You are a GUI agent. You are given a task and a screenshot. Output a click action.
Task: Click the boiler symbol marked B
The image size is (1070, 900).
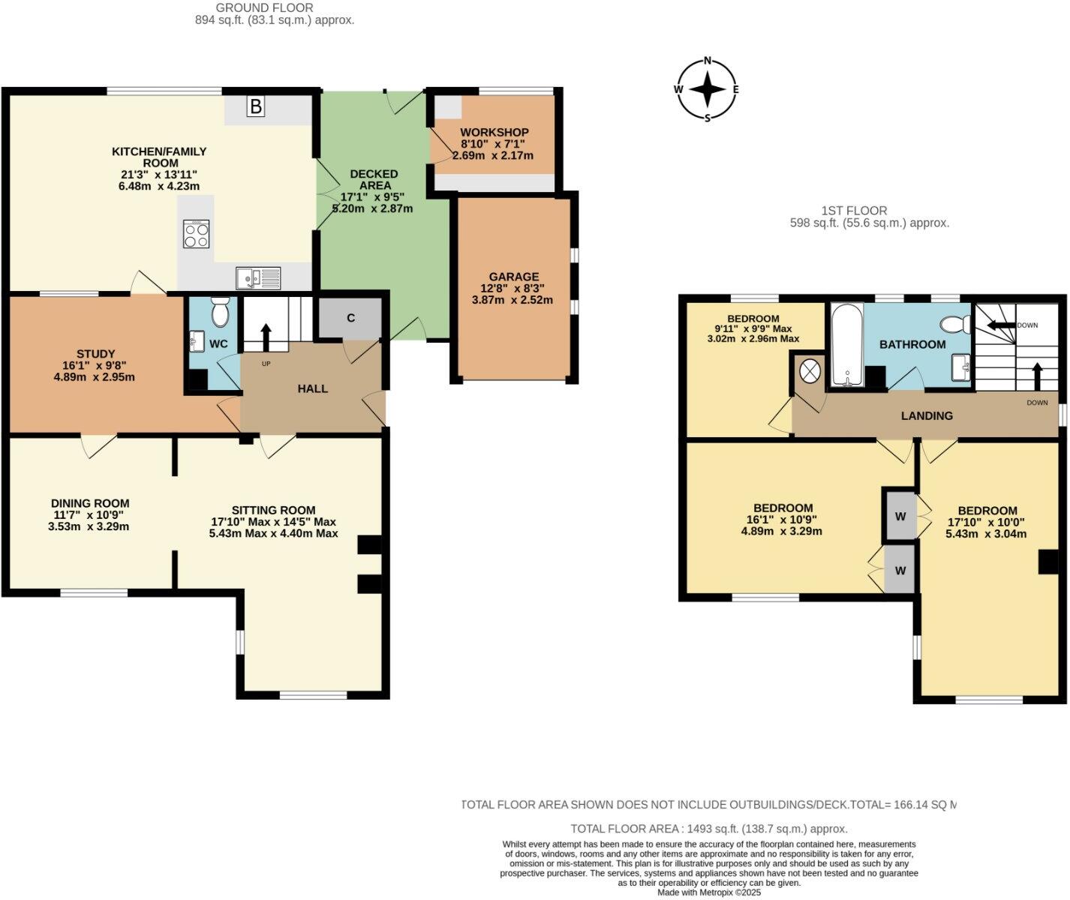tap(256, 107)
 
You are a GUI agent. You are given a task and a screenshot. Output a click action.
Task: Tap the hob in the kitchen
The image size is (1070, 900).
tap(197, 234)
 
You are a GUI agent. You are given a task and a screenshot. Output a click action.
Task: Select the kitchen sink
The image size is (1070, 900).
tap(257, 278)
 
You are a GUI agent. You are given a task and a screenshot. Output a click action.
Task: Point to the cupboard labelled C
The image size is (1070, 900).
tap(350, 318)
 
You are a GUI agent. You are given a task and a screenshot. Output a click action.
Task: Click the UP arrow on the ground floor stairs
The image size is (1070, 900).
tap(265, 337)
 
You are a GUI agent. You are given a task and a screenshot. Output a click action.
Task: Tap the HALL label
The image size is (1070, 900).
tap(313, 388)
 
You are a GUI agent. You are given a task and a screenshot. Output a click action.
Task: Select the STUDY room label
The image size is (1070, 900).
tap(95, 354)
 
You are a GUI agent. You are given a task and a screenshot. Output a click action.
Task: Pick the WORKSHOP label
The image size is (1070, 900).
tap(494, 132)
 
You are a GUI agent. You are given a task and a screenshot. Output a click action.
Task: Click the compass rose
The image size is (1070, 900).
tap(707, 89)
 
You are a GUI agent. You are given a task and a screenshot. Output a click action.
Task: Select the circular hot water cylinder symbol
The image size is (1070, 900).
tap(810, 371)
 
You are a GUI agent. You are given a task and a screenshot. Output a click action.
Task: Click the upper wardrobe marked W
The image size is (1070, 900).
tap(900, 516)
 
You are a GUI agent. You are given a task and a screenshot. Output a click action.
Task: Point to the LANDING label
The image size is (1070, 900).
tap(927, 415)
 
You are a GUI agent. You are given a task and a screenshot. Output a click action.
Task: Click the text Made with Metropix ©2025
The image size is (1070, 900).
tap(709, 892)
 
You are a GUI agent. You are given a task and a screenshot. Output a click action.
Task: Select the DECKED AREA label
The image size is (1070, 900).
tap(374, 180)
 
